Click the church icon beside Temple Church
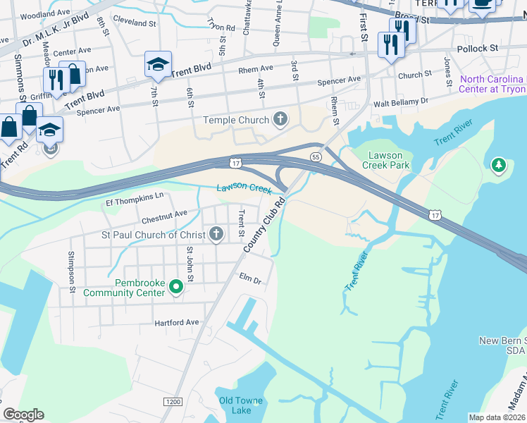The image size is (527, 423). coord(280,119)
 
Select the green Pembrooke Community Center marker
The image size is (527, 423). coord(177,287)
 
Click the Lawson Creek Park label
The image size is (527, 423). coord(385,159)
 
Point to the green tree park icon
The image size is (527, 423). coord(499,164)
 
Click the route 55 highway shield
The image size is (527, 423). coord(316,156)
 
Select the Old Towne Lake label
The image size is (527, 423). coord(236,405)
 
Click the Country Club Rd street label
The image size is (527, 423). coord(264,226)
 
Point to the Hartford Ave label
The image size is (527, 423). coord(177,322)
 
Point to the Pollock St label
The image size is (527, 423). coord(477,48)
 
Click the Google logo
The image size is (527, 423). coord(23,415)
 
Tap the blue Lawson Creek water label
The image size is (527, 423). coord(243,188)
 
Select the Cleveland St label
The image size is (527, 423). coord(133,22)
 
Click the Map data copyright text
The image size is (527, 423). coord(497,417)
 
